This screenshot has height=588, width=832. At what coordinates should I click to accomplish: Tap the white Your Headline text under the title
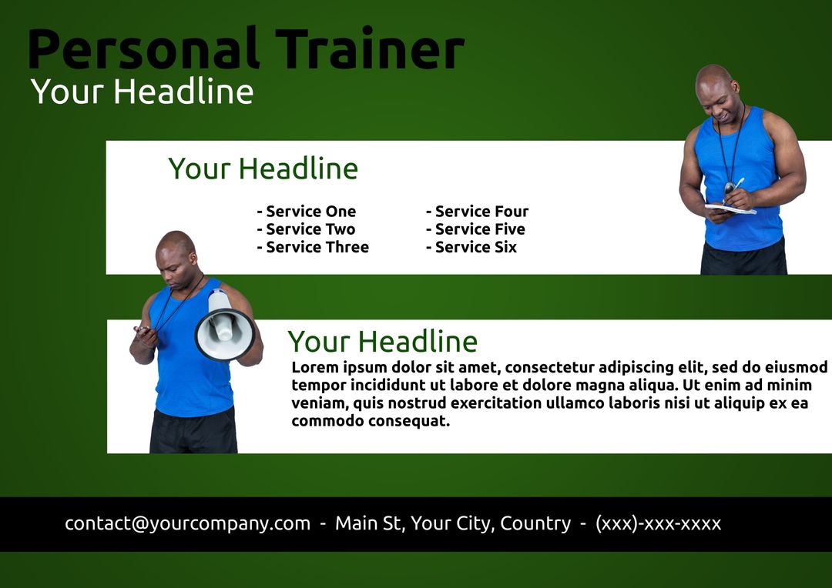tap(142, 92)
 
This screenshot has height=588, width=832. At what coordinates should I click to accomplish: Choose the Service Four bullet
tap(478, 212)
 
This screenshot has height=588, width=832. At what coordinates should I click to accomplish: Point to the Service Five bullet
tap(475, 229)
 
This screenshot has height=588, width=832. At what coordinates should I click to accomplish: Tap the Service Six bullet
tap(471, 247)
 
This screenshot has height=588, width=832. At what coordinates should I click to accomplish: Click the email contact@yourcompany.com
tap(187, 523)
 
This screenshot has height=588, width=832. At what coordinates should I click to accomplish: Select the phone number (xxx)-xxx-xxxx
tap(658, 523)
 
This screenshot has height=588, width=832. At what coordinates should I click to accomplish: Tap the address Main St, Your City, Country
tap(453, 523)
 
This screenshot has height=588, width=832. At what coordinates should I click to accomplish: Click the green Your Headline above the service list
tap(263, 169)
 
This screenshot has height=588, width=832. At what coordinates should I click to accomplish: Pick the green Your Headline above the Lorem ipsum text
tap(382, 341)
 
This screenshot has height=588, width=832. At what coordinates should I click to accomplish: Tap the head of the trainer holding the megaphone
tap(176, 252)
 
